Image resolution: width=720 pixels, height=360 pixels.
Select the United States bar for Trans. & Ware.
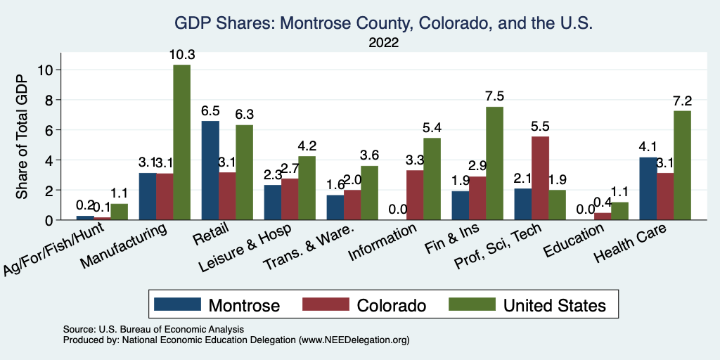(x=369, y=193)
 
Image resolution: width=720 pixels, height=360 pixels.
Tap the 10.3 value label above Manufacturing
(x=181, y=54)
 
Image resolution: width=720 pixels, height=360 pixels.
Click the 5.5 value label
(x=541, y=126)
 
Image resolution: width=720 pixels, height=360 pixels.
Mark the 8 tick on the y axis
(x=47, y=100)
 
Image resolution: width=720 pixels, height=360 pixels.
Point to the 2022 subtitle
(x=383, y=43)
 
